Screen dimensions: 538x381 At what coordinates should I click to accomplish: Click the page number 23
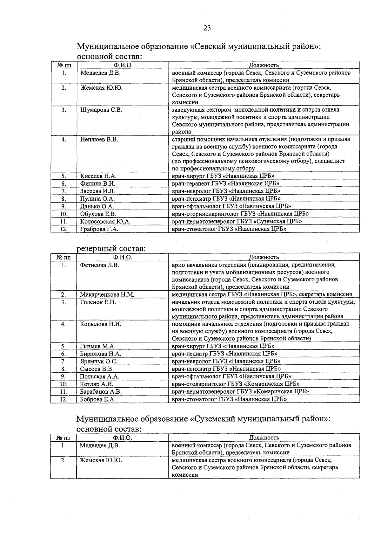point(207,28)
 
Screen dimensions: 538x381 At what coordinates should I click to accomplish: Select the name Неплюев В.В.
point(99,139)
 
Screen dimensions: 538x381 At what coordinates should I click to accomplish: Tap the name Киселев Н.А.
point(98,176)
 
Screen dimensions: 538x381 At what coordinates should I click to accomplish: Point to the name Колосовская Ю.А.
point(105,221)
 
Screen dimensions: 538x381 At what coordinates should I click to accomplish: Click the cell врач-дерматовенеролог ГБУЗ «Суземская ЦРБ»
point(237,221)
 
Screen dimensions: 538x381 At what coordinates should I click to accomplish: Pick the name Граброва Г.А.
point(99,229)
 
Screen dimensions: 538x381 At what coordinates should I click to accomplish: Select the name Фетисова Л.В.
point(99,265)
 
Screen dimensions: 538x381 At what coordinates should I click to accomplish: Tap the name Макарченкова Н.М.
point(107,294)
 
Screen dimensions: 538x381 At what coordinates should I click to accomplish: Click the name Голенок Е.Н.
point(98,302)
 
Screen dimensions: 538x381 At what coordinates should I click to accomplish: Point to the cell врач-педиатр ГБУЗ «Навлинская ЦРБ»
point(224,354)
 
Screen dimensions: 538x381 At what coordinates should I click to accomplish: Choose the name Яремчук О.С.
point(98,361)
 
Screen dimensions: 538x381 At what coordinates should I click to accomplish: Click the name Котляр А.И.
point(97,384)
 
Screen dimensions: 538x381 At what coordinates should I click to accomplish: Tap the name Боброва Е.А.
point(97,399)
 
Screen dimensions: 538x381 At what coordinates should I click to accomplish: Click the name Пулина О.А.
point(97,199)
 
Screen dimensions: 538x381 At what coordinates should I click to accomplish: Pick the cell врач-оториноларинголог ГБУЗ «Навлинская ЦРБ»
point(240,214)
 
